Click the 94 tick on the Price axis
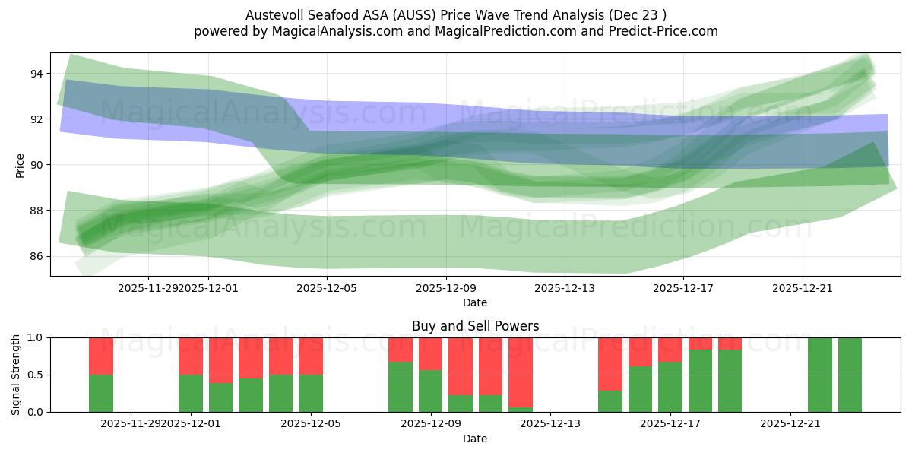point(36,74)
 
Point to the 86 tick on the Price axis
point(36,256)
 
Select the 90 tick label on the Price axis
point(36,165)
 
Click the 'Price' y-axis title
point(21,165)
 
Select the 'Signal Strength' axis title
point(16,375)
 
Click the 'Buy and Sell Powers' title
point(475,326)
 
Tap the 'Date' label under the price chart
point(475,302)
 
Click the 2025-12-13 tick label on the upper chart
point(565,288)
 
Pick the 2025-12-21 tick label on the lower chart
point(790,423)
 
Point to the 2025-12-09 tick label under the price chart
point(446,288)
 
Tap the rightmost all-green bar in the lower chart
point(850,375)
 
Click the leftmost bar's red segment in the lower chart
point(101,356)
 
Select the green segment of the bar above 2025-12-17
point(670,387)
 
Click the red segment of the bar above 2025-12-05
point(311,356)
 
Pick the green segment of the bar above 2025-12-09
point(431,391)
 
